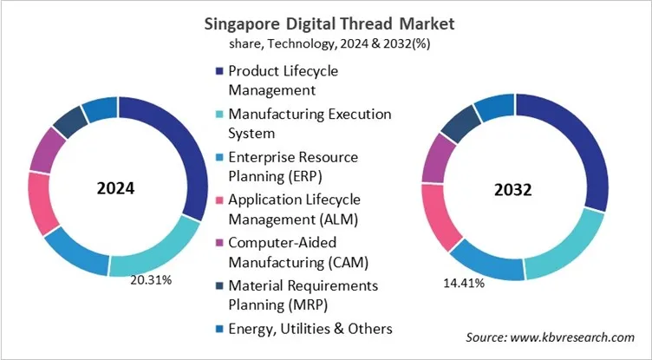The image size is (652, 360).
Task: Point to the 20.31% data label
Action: (151, 280)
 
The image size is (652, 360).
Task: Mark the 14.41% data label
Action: (463, 282)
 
